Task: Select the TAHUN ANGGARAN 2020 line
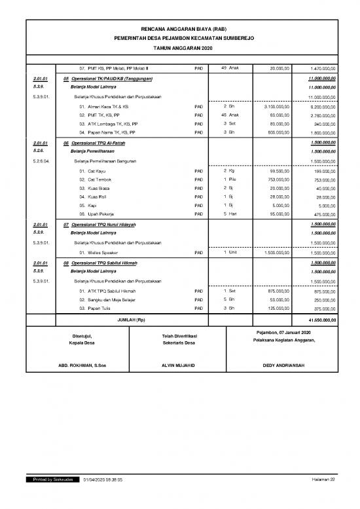point(180,48)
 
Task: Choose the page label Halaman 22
point(323,480)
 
